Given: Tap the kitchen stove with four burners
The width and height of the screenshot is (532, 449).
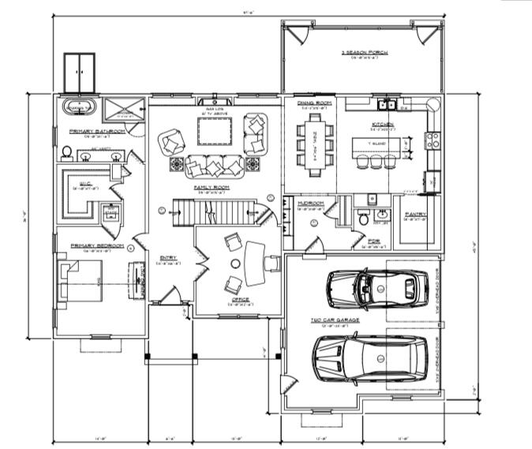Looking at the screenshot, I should tap(433, 141).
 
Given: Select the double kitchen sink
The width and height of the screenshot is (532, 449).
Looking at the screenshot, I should tap(386, 104).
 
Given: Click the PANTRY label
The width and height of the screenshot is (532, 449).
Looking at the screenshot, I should tap(416, 214).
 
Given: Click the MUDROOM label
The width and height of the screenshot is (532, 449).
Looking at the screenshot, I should tap(310, 203).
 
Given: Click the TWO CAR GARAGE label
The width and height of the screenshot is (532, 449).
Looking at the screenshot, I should tap(335, 320).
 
